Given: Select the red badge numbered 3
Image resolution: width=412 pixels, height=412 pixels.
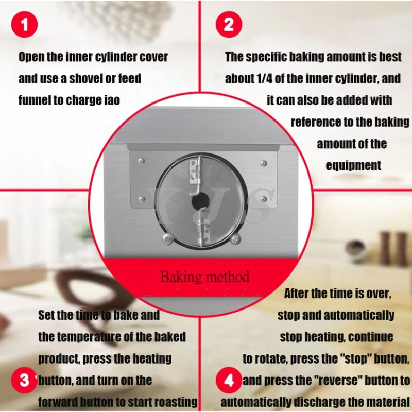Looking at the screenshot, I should (x=24, y=381).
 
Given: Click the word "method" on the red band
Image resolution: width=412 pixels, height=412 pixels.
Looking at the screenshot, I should (x=226, y=277).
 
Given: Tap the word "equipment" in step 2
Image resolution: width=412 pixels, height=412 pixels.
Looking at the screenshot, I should (x=353, y=165).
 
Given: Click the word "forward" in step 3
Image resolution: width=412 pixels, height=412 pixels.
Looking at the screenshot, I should (x=60, y=402).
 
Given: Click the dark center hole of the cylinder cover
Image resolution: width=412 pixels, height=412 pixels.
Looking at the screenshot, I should (x=198, y=202).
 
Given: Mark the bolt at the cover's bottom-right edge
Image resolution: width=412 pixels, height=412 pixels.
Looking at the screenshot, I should (x=235, y=237).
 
